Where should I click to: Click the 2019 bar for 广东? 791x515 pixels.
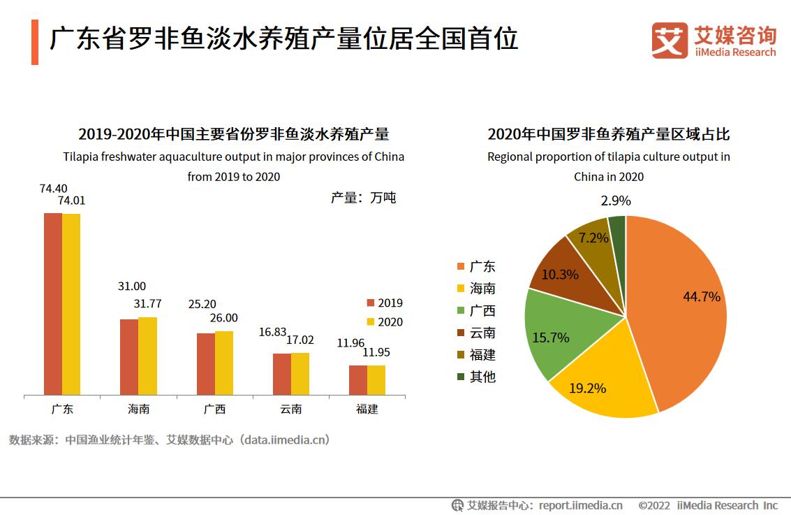(53, 304)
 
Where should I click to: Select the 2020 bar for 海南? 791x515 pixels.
(147, 356)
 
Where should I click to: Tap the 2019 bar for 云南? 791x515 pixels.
(282, 375)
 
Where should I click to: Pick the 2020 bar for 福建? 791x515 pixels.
(376, 380)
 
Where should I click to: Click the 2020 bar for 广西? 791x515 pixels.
(224, 363)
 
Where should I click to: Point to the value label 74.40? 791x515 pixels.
(54, 188)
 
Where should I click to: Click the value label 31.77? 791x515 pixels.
(147, 303)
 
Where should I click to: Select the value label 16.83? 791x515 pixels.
(273, 331)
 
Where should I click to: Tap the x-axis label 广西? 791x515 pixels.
(214, 409)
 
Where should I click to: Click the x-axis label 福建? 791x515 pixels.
(367, 409)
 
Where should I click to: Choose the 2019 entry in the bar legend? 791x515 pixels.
(385, 303)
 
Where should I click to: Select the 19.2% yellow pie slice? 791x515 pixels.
(600, 384)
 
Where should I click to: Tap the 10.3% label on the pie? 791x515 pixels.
(560, 275)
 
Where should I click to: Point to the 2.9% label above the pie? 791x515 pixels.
(615, 201)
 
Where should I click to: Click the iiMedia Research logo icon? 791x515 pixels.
(670, 41)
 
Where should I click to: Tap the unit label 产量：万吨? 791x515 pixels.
(363, 198)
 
